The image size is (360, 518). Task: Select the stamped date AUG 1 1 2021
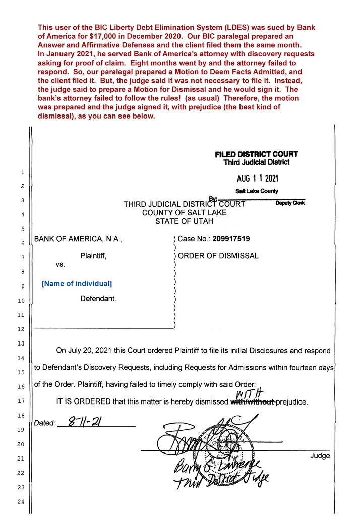pos(258,179)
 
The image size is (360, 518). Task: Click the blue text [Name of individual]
pos(77,284)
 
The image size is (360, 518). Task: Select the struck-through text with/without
pos(253,402)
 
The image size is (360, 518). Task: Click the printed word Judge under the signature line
pos(320,456)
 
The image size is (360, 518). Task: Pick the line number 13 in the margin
pos(22,343)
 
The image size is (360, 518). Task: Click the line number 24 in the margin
pos(22,501)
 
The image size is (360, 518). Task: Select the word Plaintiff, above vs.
pos(93,256)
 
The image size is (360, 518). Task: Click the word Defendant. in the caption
pos(98,299)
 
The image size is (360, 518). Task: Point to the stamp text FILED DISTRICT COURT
pos(256,154)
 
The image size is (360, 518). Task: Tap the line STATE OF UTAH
pos(185,221)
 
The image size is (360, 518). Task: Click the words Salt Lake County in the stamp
pos(257,191)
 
